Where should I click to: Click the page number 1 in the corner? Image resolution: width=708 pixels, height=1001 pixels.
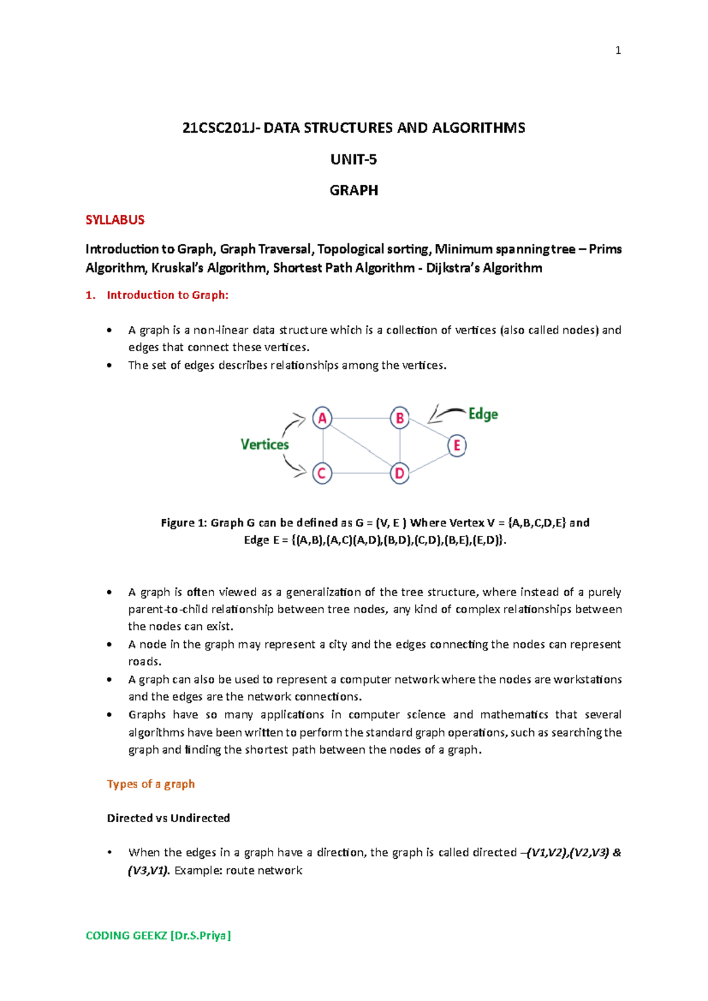point(618,51)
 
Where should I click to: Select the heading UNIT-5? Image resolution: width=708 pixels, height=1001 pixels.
point(353,159)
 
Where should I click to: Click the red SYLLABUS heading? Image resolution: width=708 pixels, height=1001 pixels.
point(115,220)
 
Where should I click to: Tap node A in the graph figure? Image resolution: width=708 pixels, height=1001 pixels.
point(322,418)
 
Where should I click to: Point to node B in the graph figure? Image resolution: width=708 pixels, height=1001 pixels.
point(399,418)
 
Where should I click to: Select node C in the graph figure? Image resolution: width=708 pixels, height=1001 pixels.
point(322,473)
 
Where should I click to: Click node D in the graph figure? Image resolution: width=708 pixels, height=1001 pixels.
point(399,473)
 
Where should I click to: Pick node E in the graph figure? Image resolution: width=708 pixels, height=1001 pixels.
point(457,446)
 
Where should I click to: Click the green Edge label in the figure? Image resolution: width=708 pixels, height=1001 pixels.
point(483,414)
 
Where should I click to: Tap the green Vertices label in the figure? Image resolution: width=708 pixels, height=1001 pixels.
point(264,444)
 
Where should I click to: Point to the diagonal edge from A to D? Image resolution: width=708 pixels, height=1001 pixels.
point(360,446)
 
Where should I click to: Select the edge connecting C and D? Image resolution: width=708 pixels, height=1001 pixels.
point(360,473)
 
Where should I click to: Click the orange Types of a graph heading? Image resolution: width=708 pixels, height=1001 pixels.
point(150,784)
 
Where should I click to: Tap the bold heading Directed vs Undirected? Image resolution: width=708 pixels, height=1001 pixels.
point(168,818)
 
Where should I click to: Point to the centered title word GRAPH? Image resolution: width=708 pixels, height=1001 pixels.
point(353,191)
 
